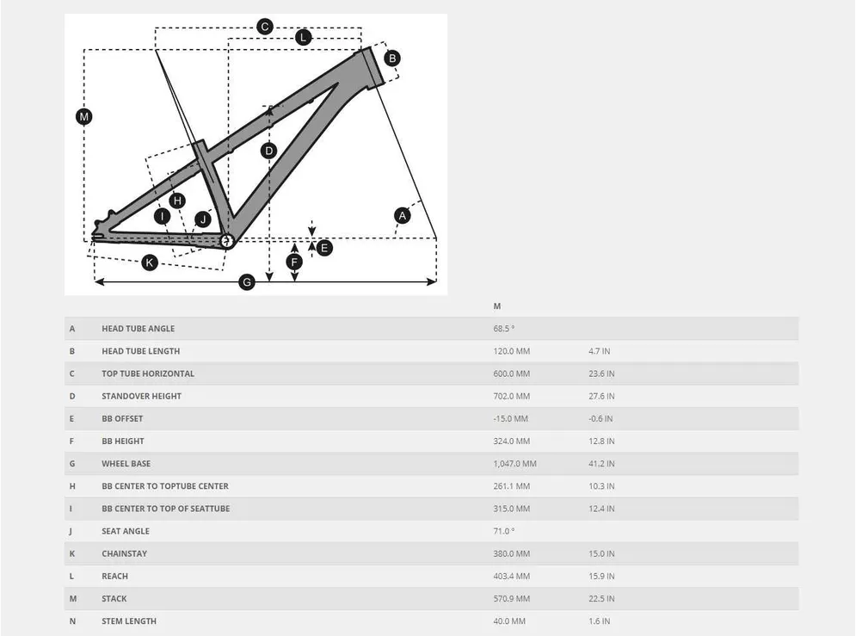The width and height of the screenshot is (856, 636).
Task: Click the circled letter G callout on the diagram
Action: [247, 282]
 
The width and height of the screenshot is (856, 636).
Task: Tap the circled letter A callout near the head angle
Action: [402, 215]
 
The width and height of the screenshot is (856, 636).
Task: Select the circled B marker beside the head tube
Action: [391, 59]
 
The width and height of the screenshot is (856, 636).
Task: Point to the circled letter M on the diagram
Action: [83, 117]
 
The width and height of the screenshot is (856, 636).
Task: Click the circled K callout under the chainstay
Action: [150, 262]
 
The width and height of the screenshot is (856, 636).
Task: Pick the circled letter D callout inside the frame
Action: [269, 151]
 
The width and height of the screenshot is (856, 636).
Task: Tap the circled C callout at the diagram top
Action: [265, 27]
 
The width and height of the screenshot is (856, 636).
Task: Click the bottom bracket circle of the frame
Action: [227, 241]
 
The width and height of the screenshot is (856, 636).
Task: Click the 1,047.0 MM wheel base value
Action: [514, 464]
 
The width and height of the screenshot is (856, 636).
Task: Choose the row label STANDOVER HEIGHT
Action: [141, 396]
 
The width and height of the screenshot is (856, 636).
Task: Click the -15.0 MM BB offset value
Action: [511, 418]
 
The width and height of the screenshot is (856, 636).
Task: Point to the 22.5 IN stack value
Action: [600, 599]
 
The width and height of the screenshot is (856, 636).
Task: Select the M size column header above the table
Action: [497, 306]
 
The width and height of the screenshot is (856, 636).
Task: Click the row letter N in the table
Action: [72, 621]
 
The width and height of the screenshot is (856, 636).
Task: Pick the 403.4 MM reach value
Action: [511, 577]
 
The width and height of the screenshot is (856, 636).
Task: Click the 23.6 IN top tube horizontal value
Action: [600, 374]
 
